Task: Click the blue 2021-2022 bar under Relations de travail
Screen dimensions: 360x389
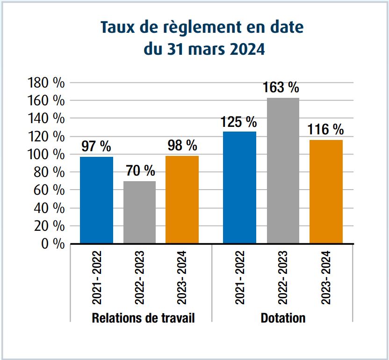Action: tap(96, 200)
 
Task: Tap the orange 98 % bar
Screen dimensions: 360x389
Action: tap(182, 199)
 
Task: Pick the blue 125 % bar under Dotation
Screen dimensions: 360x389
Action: tap(239, 187)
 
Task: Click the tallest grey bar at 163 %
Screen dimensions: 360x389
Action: tap(283, 170)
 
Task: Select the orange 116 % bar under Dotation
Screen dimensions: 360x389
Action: tap(326, 191)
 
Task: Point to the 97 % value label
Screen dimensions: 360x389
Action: tap(96, 147)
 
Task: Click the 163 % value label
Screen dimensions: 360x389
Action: tap(281, 88)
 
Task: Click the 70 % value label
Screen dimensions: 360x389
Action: tap(140, 171)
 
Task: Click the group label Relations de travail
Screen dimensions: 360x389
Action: tap(143, 318)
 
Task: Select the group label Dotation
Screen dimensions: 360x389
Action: tap(283, 318)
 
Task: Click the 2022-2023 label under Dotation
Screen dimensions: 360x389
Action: tap(283, 278)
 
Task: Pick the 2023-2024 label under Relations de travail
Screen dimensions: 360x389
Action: tap(182, 278)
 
